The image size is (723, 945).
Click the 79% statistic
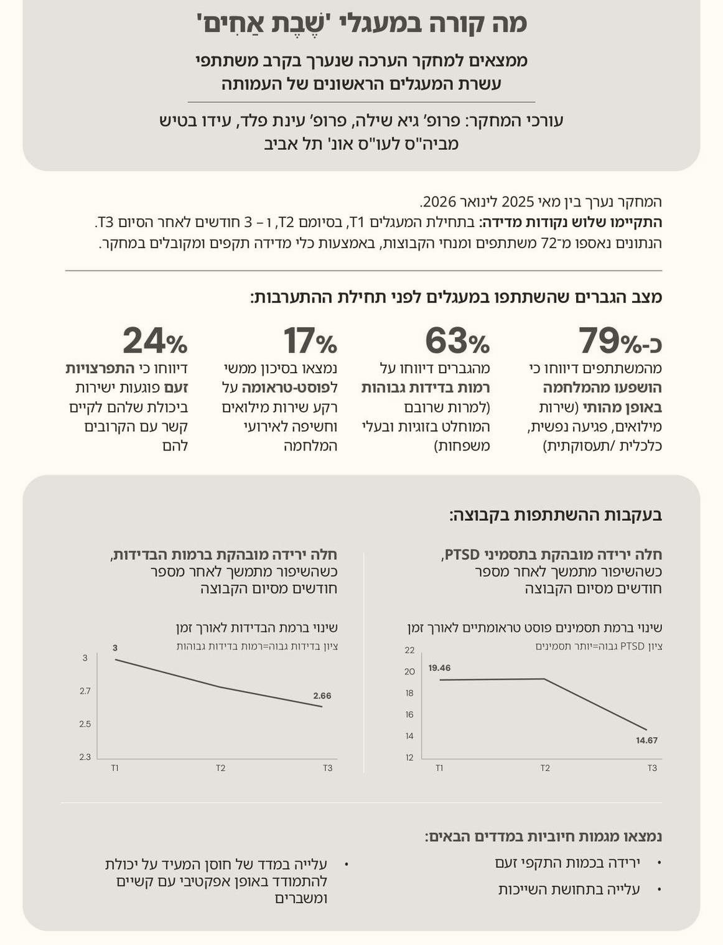(620, 340)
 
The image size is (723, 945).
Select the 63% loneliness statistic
(457, 340)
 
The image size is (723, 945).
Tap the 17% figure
(310, 340)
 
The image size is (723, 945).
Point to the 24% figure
(155, 340)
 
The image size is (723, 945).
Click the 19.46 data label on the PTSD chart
(439, 668)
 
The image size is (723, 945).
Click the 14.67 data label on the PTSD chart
(647, 740)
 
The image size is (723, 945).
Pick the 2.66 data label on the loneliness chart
(322, 696)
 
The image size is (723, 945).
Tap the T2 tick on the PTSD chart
(545, 768)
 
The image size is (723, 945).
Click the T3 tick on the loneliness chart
(328, 768)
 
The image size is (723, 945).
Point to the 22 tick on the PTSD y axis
(409, 650)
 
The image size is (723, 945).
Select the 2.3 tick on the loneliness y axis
(85, 757)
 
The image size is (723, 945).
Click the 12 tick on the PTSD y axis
(409, 758)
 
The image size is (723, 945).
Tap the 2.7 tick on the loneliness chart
(85, 691)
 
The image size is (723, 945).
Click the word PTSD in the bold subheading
(462, 555)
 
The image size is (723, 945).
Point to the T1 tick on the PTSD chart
(439, 768)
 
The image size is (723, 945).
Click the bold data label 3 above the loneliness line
(115, 648)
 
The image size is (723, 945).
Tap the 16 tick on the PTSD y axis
(409, 715)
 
